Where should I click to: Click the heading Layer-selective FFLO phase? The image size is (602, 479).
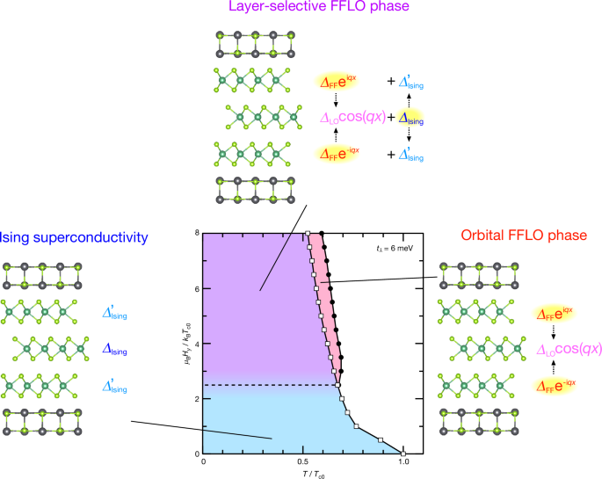[301, 8]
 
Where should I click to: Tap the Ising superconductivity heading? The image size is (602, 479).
[73, 237]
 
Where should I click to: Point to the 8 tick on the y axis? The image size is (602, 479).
[197, 233]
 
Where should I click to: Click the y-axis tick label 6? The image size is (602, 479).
[197, 288]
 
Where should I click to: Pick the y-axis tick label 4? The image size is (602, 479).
[197, 344]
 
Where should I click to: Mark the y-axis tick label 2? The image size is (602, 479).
[197, 398]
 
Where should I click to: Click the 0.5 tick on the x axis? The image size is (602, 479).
[303, 462]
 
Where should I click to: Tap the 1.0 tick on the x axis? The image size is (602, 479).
[403, 462]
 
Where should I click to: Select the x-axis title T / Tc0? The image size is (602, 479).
[303, 474]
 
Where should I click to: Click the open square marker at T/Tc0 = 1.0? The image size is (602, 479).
[403, 454]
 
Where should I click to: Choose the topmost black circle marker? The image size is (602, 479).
[323, 234]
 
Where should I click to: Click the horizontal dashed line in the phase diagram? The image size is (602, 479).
[264, 384]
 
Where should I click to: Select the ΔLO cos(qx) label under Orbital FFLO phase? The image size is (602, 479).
[569, 349]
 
